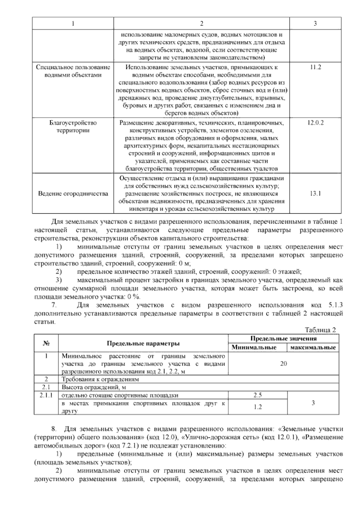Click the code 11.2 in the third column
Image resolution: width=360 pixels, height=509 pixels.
tap(315, 67)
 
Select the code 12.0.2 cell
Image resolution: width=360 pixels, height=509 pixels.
tap(315, 123)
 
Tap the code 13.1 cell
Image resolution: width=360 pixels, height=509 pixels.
tap(315, 194)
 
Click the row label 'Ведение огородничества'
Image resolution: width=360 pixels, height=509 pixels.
tap(73, 194)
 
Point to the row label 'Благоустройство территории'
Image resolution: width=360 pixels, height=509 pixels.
tap(73, 127)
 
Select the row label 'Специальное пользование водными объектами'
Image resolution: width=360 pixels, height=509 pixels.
tap(73, 71)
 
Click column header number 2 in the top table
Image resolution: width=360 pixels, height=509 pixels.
tap(201, 23)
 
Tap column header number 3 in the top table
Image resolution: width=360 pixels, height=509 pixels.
tap(315, 23)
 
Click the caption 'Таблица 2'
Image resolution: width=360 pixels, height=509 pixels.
tap(320, 330)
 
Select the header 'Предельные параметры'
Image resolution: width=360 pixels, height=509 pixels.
tap(143, 343)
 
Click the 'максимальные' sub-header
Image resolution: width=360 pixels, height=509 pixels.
tap(313, 348)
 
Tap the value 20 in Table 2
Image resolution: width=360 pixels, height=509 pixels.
tap(283, 363)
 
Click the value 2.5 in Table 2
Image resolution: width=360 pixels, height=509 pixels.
tap(257, 395)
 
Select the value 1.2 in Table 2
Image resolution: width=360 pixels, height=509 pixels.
tap(257, 407)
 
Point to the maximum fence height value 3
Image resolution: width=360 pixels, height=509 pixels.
tap(313, 403)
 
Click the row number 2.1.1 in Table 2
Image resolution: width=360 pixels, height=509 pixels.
tap(46, 395)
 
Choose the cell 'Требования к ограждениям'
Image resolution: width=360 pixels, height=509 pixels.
tap(100, 379)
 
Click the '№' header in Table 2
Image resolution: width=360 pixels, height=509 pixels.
tap(46, 343)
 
